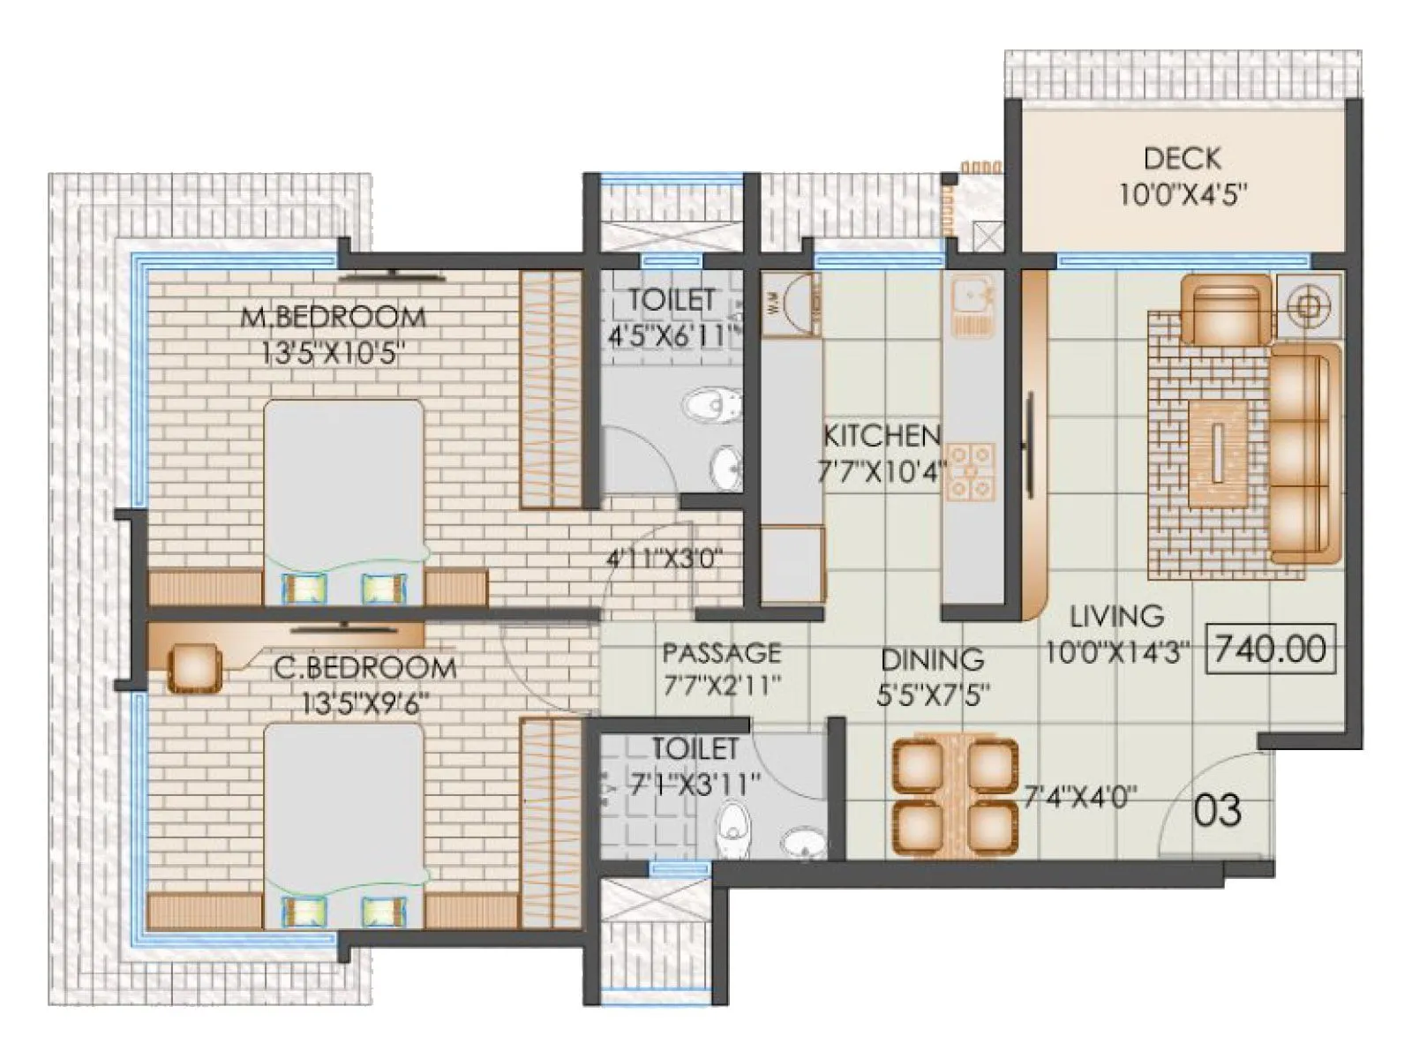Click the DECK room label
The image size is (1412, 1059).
[1183, 159]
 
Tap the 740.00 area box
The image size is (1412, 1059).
[1270, 650]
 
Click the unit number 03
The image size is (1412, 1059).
[1217, 810]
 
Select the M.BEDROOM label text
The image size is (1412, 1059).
[333, 317]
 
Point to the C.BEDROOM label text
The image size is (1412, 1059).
[364, 668]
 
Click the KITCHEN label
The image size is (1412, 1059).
[882, 436]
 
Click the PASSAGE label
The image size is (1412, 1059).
[722, 653]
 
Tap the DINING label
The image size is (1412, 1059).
[932, 660]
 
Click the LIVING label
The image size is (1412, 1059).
[1116, 616]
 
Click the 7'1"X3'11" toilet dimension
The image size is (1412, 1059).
[696, 782]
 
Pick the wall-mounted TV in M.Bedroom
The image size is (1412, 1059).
[390, 274]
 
